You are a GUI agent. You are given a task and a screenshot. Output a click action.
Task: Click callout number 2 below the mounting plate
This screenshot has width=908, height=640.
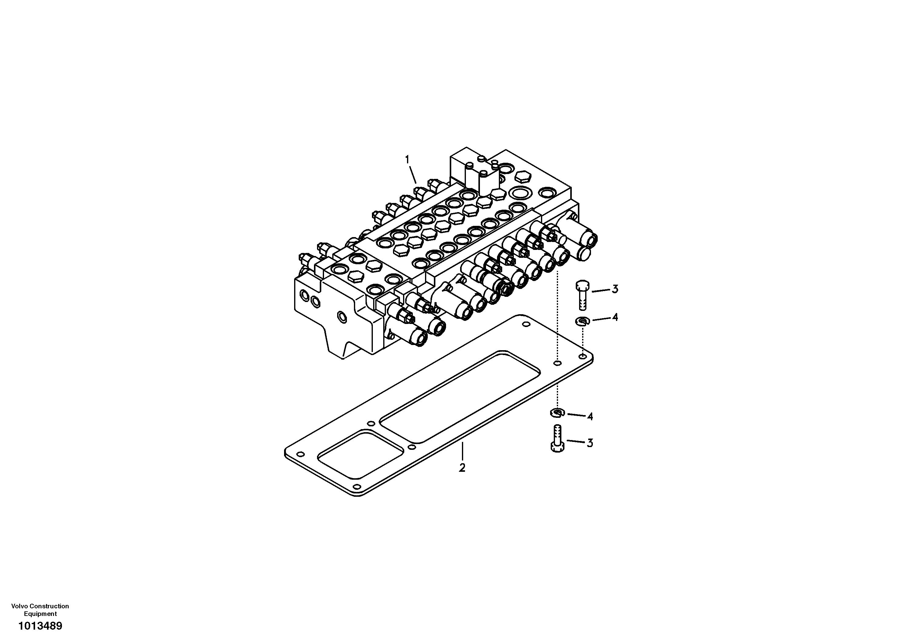pyautogui.click(x=462, y=468)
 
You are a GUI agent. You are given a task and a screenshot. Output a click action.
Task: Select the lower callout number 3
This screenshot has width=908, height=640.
pyautogui.click(x=590, y=443)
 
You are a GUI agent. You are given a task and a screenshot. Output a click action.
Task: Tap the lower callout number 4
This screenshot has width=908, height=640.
pyautogui.click(x=590, y=416)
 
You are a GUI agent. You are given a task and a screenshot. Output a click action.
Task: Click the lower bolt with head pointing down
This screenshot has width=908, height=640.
pyautogui.click(x=557, y=438)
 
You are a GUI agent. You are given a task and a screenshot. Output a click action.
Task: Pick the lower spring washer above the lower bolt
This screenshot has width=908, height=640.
pyautogui.click(x=557, y=413)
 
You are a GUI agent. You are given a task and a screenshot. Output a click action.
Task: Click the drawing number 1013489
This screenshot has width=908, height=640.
pyautogui.click(x=40, y=626)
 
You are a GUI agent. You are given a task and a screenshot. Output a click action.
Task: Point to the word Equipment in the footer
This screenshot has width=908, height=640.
pyautogui.click(x=40, y=614)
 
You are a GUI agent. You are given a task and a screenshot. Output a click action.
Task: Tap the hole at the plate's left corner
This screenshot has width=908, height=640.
pyautogui.click(x=300, y=454)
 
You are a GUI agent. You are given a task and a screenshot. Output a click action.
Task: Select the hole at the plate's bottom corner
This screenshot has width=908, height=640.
pyautogui.click(x=356, y=486)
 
